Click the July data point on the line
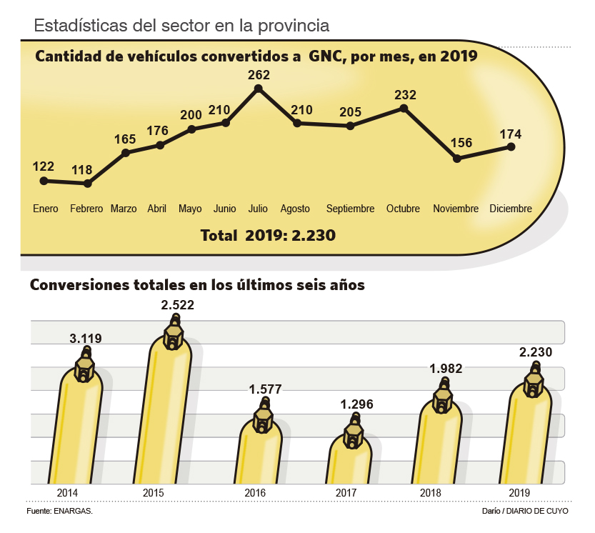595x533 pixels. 258,89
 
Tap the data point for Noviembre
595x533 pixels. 456,158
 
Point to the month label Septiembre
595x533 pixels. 350,209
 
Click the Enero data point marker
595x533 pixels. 44,181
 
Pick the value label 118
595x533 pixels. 82,170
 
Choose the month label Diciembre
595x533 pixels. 511,209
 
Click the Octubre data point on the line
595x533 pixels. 404,108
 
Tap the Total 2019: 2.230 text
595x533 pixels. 268,235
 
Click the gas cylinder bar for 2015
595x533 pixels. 169,414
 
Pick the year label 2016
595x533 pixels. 255,494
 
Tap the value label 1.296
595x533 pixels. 356,404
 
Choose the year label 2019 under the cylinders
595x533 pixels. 519,494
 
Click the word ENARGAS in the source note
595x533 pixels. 73,512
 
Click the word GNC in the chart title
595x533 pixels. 325,56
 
